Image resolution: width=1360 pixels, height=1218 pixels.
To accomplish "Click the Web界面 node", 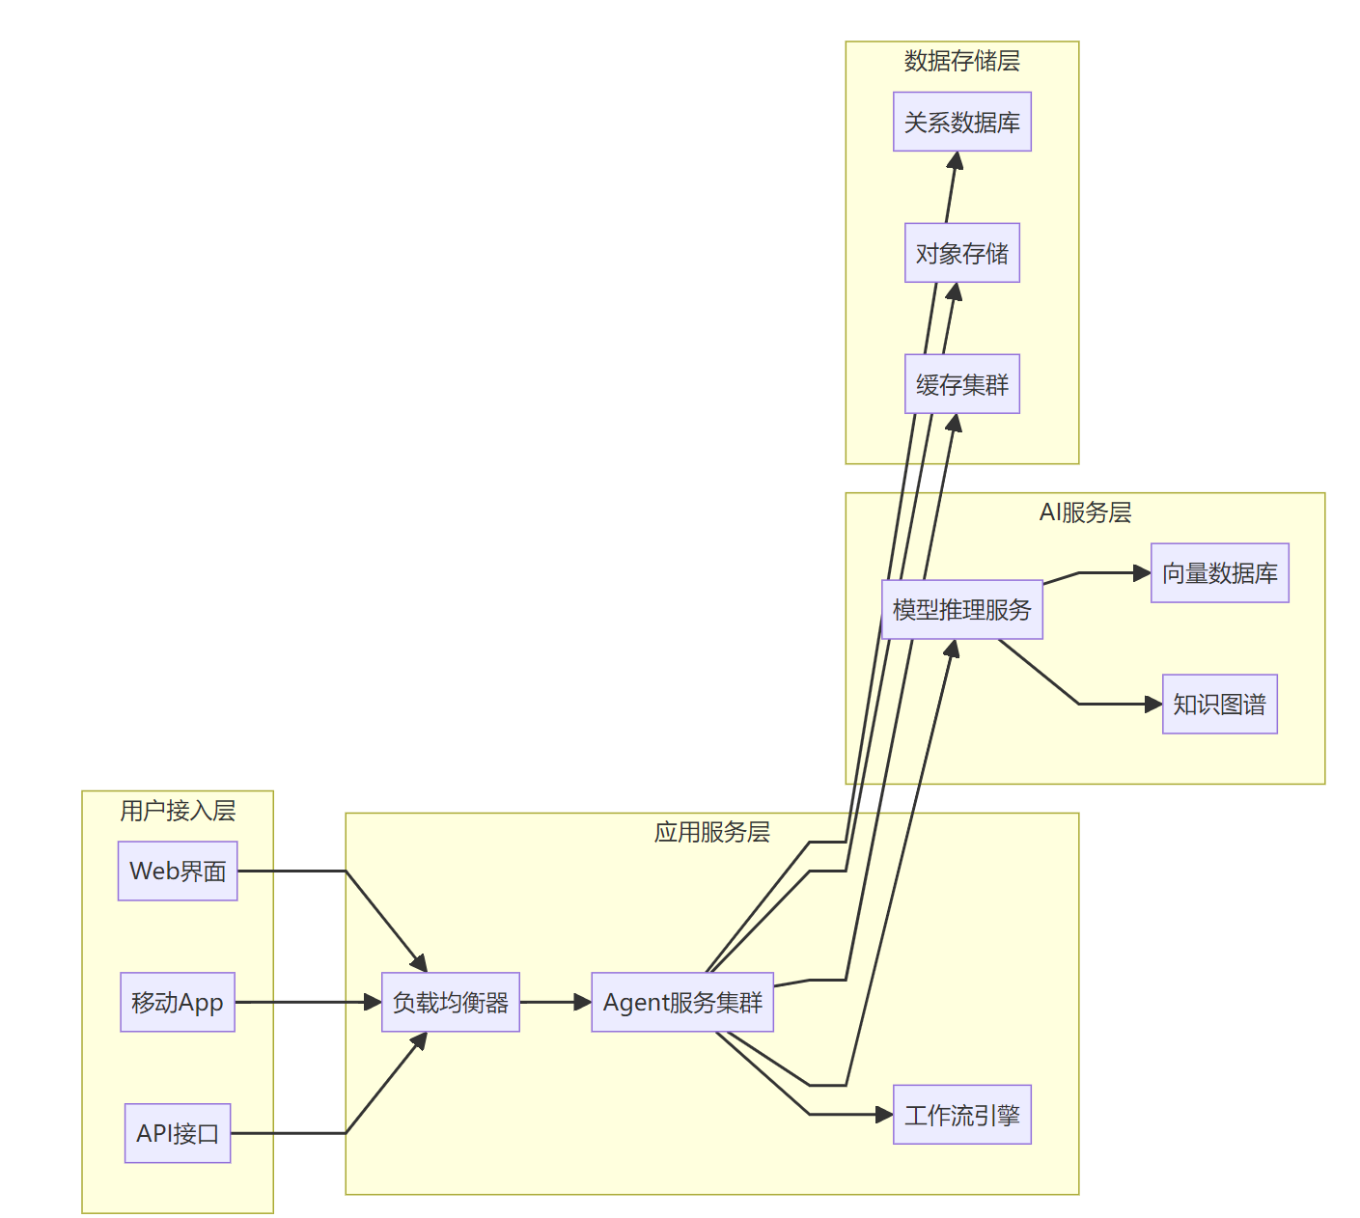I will pyautogui.click(x=178, y=871).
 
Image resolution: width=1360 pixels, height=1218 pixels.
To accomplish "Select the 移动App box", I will pyautogui.click(x=178, y=1002).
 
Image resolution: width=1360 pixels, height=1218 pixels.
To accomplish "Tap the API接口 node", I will pyautogui.click(x=178, y=1133).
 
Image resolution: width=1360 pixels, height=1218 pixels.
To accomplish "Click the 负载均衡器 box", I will pyautogui.click(x=451, y=1002).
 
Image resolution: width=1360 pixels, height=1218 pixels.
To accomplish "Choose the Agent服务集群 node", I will pyautogui.click(x=682, y=1002).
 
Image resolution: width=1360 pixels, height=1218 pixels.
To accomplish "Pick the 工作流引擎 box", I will pyautogui.click(x=962, y=1115).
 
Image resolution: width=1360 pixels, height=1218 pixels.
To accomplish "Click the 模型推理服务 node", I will pyautogui.click(x=962, y=609).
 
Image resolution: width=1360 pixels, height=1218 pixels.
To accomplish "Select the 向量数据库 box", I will pyautogui.click(x=1219, y=573).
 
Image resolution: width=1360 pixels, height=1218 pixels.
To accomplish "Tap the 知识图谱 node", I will pyautogui.click(x=1219, y=705).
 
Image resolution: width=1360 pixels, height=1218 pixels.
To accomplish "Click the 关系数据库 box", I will pyautogui.click(x=962, y=122).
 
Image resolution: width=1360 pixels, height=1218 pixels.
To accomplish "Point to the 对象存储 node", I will pyautogui.click(x=962, y=253).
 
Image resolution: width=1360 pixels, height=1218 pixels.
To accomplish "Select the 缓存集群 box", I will pyautogui.click(x=962, y=384).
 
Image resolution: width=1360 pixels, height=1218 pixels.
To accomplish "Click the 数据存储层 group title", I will pyautogui.click(x=962, y=61).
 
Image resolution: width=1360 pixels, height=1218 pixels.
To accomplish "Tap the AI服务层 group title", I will pyautogui.click(x=1085, y=512).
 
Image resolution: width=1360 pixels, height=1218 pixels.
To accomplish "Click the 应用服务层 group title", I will pyautogui.click(x=712, y=832).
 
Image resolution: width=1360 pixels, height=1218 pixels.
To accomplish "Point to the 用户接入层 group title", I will pyautogui.click(x=178, y=811).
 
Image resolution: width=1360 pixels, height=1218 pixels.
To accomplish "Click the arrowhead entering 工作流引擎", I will pyautogui.click(x=884, y=1115).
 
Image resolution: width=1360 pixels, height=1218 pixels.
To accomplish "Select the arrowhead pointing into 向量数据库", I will pyautogui.click(x=1142, y=573).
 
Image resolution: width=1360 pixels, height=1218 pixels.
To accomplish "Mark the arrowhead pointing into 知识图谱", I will pyautogui.click(x=1153, y=705).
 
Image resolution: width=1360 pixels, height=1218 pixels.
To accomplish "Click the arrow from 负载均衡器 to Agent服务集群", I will pyautogui.click(x=555, y=1002).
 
